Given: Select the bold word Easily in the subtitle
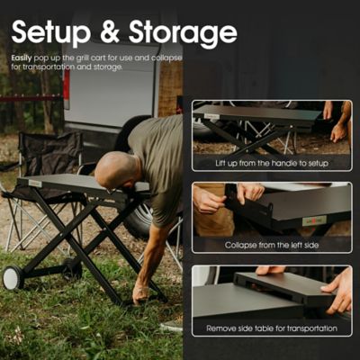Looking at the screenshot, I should [22, 58].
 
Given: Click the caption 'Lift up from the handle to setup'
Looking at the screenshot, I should [271, 164].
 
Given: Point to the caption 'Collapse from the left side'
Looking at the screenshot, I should [271, 244].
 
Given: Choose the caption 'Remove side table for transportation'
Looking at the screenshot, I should [271, 328].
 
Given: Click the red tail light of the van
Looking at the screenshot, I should [66, 88].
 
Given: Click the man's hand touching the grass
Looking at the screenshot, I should [141, 293].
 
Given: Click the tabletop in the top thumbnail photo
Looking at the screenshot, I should [256, 115].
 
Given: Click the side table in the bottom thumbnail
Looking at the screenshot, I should [283, 286].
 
